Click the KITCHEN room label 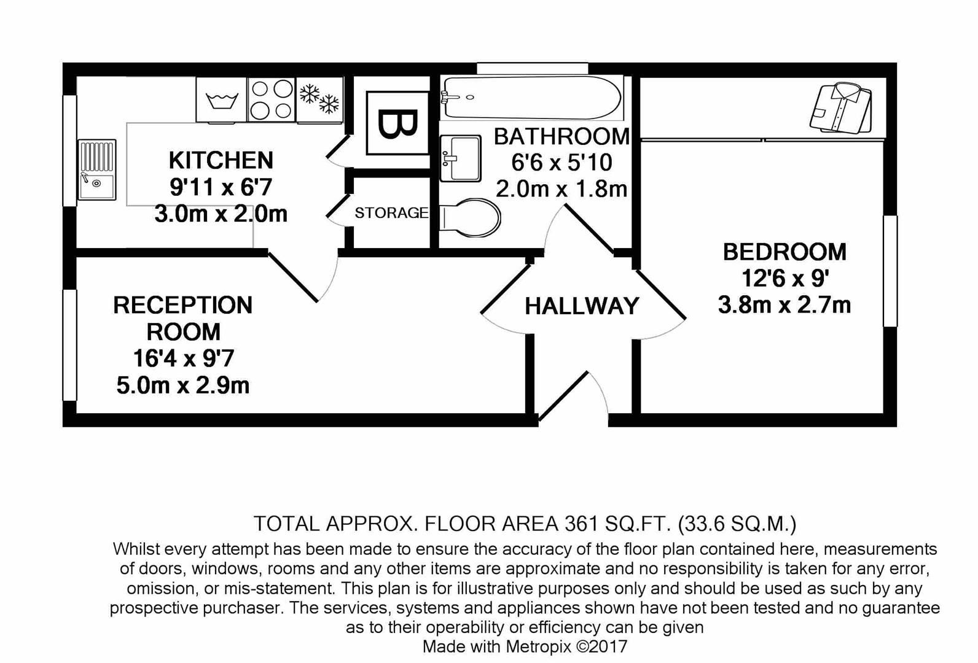(221, 160)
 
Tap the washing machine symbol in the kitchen (222, 100)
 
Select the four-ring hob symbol (272, 99)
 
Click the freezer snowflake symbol (319, 99)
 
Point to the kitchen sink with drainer (97, 169)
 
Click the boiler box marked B (397, 123)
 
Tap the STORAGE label (391, 213)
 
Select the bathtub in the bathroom (531, 98)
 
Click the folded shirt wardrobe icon (841, 108)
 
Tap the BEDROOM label (784, 252)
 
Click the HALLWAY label (582, 306)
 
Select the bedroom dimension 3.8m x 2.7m (784, 304)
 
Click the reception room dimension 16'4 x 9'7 (183, 359)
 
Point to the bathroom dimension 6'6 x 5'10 (561, 163)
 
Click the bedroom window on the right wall (890, 271)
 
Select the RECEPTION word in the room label (182, 305)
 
